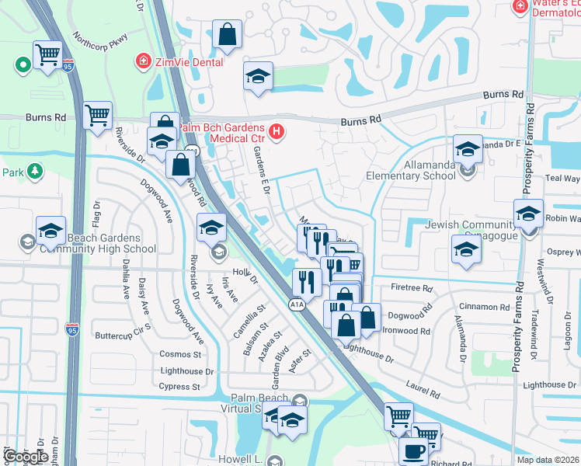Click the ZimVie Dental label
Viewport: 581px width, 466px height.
click(190, 61)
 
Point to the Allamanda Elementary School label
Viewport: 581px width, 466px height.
click(412, 176)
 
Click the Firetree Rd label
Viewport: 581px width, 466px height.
click(412, 288)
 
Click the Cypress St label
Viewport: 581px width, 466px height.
click(179, 386)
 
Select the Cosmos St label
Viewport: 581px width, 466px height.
click(179, 353)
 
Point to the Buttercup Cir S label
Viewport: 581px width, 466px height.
click(123, 332)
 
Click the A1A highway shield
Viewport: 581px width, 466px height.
click(297, 305)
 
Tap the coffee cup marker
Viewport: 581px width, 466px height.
click(412, 451)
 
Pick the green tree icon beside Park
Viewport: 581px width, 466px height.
click(33, 170)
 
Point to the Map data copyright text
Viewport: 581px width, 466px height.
click(547, 460)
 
